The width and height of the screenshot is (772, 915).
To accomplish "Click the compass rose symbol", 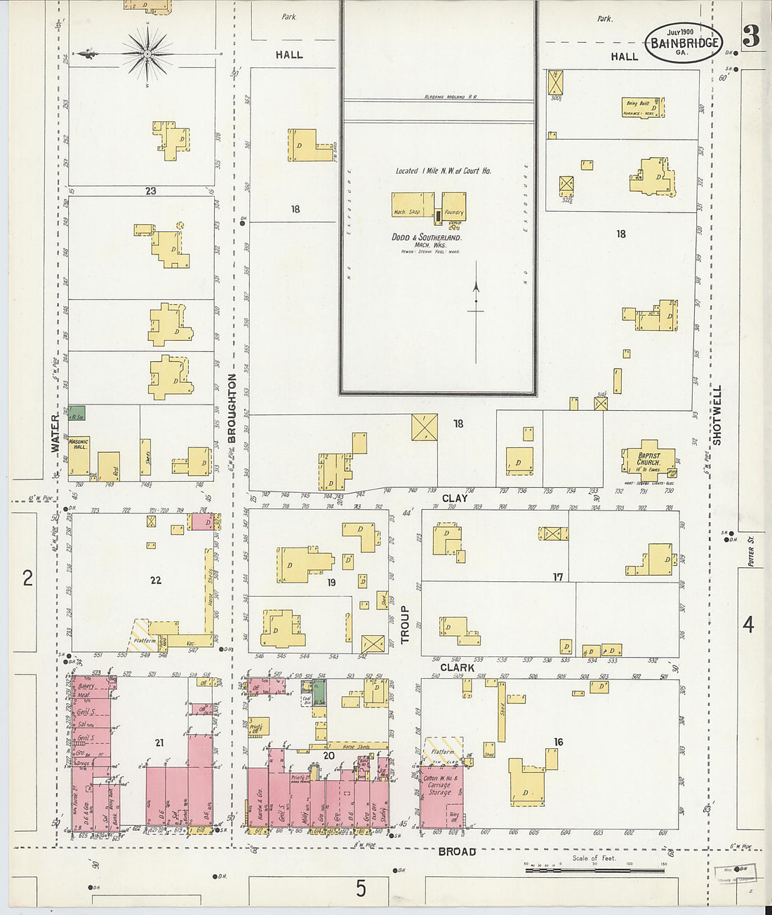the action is (148, 53).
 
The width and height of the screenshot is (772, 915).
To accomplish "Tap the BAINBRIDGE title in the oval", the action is (684, 43).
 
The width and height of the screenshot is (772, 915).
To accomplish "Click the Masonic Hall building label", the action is (79, 445).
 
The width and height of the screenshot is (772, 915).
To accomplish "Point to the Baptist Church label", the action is (648, 459).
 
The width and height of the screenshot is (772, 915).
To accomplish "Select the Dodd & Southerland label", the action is (426, 238).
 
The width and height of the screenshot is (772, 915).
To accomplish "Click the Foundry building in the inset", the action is (453, 208).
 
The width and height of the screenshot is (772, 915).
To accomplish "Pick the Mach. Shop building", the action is (407, 208).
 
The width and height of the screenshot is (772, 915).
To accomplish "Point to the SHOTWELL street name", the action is (717, 414).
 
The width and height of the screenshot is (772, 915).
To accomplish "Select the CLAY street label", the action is (455, 499).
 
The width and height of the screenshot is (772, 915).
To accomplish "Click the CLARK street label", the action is (457, 667).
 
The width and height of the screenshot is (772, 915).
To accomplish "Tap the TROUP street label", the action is (404, 625).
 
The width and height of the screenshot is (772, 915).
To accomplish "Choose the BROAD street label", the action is (457, 851).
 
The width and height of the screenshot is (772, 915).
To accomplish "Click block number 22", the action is (156, 580).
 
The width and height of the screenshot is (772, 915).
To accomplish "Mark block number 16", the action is (558, 742).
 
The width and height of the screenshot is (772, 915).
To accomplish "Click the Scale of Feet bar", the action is (594, 870).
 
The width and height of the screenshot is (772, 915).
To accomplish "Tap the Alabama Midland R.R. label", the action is (450, 97).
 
